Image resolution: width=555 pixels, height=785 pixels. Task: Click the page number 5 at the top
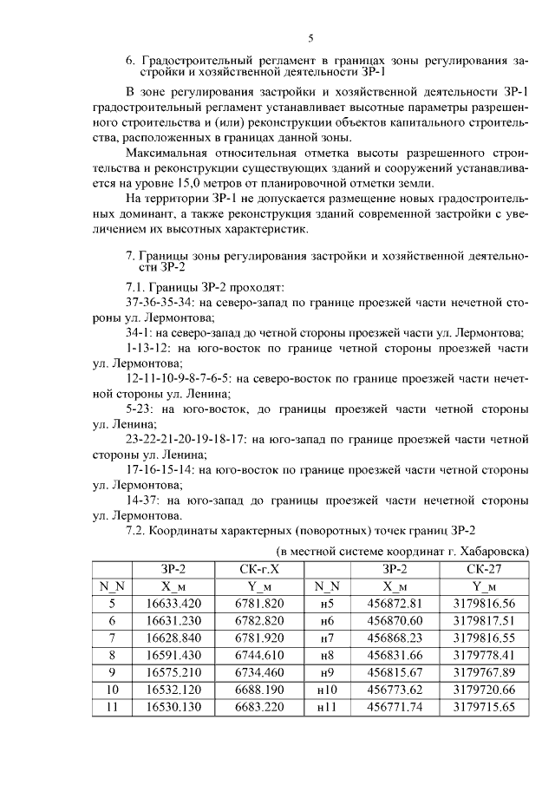pyautogui.click(x=310, y=37)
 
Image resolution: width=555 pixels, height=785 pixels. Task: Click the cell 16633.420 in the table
pyautogui.click(x=173, y=603)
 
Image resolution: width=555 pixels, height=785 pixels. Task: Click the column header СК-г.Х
pyautogui.click(x=260, y=568)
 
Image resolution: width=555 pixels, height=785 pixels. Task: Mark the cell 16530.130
pyautogui.click(x=173, y=707)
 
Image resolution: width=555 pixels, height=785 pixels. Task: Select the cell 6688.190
pyautogui.click(x=260, y=690)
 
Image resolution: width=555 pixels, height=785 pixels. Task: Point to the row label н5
pyautogui.click(x=326, y=603)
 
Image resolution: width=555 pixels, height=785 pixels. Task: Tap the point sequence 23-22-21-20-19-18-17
pyautogui.click(x=182, y=440)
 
